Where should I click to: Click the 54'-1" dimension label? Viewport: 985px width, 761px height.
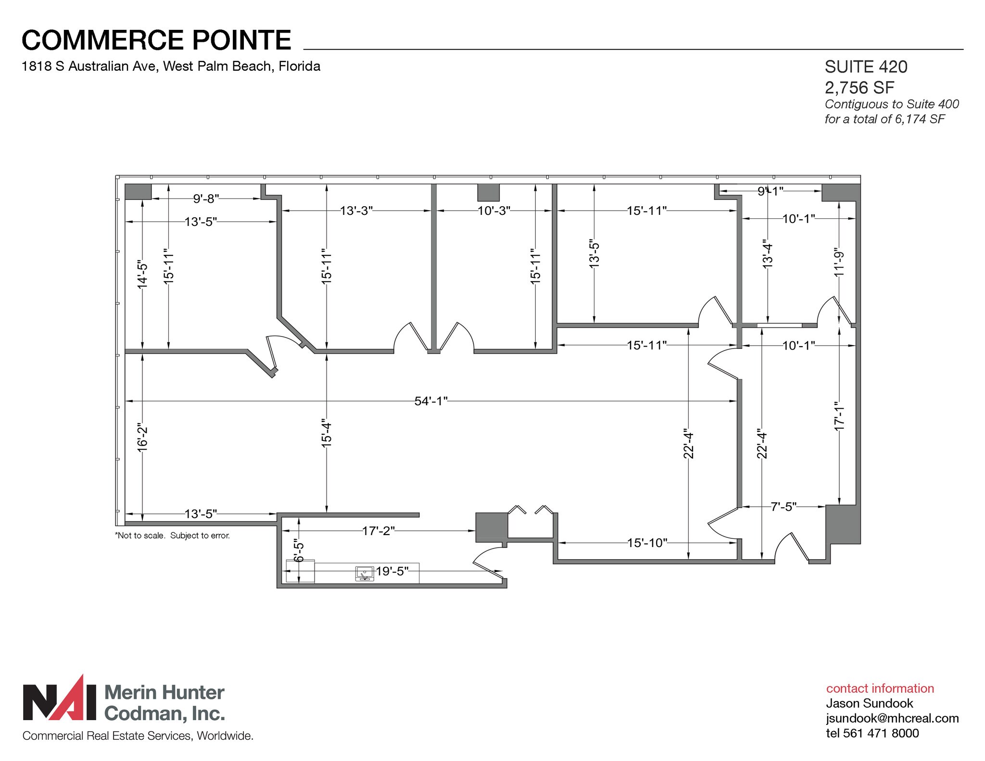[x=430, y=401]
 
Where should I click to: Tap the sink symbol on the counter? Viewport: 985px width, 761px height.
[x=365, y=574]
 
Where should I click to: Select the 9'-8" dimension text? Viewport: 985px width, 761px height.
[x=206, y=198]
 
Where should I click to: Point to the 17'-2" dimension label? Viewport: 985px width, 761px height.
[x=378, y=531]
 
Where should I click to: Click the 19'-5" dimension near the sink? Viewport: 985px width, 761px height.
[x=392, y=571]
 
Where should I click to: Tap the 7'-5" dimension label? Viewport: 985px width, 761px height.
[x=783, y=507]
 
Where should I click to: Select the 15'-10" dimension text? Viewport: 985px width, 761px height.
[x=647, y=543]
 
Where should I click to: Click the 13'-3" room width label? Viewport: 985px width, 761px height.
[x=356, y=211]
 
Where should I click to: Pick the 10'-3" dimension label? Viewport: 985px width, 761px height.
[x=493, y=211]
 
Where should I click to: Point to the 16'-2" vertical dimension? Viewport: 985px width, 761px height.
[x=142, y=437]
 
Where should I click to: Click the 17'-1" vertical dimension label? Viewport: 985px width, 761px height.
[x=839, y=416]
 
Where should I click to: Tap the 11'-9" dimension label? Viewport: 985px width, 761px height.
[x=839, y=262]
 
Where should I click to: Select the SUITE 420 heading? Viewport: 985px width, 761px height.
[x=866, y=67]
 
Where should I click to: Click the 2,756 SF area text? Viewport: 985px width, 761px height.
[x=859, y=87]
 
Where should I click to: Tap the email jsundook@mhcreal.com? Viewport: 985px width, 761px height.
[x=892, y=718]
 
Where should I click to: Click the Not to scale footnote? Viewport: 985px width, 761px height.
[x=173, y=536]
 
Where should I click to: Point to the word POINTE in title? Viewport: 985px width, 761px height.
[x=242, y=40]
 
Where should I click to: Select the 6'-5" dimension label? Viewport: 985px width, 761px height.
[x=299, y=552]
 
